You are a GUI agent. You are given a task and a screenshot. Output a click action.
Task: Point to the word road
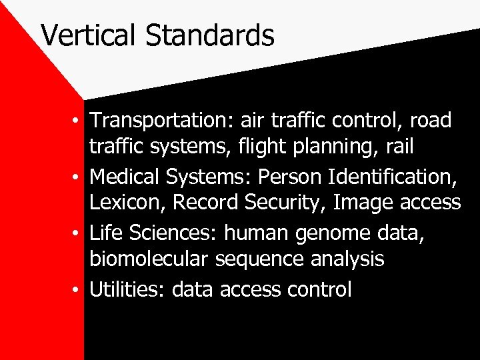point(431,121)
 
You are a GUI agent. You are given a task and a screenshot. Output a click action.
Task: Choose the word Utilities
point(127,290)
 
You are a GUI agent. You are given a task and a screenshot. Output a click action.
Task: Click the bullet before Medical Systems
point(79,178)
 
